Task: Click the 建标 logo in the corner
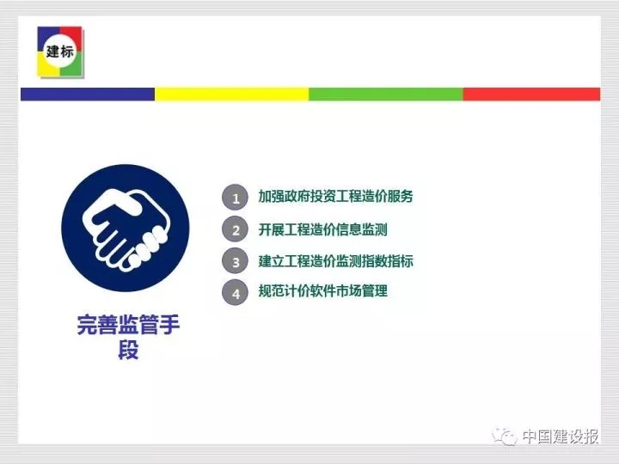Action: [x=60, y=52]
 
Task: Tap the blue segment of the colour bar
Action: [x=88, y=95]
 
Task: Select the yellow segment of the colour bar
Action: [x=232, y=95]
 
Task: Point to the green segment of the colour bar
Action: [x=386, y=95]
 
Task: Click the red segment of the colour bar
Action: [x=531, y=95]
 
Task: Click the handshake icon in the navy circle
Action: [x=126, y=229]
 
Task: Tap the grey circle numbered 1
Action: [x=236, y=198]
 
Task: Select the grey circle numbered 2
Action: [x=236, y=229]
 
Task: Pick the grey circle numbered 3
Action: [x=236, y=261]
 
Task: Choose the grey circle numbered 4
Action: [x=236, y=292]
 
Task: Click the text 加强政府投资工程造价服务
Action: [x=335, y=196]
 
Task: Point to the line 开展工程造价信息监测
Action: [x=323, y=229]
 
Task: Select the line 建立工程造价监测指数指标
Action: [x=335, y=261]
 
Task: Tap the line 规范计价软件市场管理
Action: [x=323, y=290]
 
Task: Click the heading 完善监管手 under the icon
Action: [x=128, y=325]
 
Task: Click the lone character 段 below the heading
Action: [x=128, y=350]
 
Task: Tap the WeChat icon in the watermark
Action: [x=504, y=437]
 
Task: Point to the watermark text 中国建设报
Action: [x=561, y=437]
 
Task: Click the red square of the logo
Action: [x=72, y=36]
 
